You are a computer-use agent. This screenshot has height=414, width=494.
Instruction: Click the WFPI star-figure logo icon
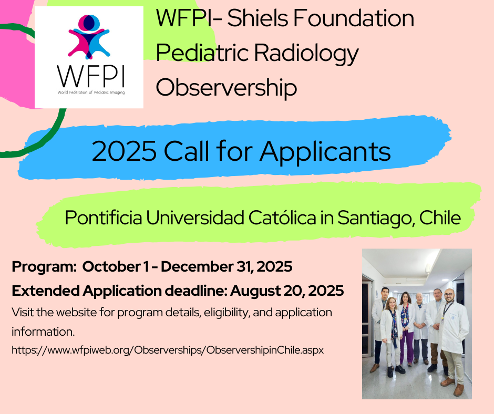89,37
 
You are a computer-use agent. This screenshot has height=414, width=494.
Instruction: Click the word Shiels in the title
258,18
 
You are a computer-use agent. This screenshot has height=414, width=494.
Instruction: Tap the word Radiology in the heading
306,53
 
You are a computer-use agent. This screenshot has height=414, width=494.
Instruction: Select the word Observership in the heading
226,87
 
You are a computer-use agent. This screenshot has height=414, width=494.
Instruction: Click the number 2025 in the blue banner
124,151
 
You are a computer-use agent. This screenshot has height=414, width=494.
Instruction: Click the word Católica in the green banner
282,218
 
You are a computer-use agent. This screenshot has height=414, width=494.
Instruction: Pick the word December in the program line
197,266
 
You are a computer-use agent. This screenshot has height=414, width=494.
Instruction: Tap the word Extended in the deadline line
46,291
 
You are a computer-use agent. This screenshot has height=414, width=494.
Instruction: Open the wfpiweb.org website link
168,350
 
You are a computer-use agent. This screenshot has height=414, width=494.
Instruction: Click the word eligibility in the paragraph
227,313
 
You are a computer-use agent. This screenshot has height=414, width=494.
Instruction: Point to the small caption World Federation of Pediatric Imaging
91,92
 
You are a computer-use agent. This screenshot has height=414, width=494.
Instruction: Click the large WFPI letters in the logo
91,76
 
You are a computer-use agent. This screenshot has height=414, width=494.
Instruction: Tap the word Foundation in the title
354,18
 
